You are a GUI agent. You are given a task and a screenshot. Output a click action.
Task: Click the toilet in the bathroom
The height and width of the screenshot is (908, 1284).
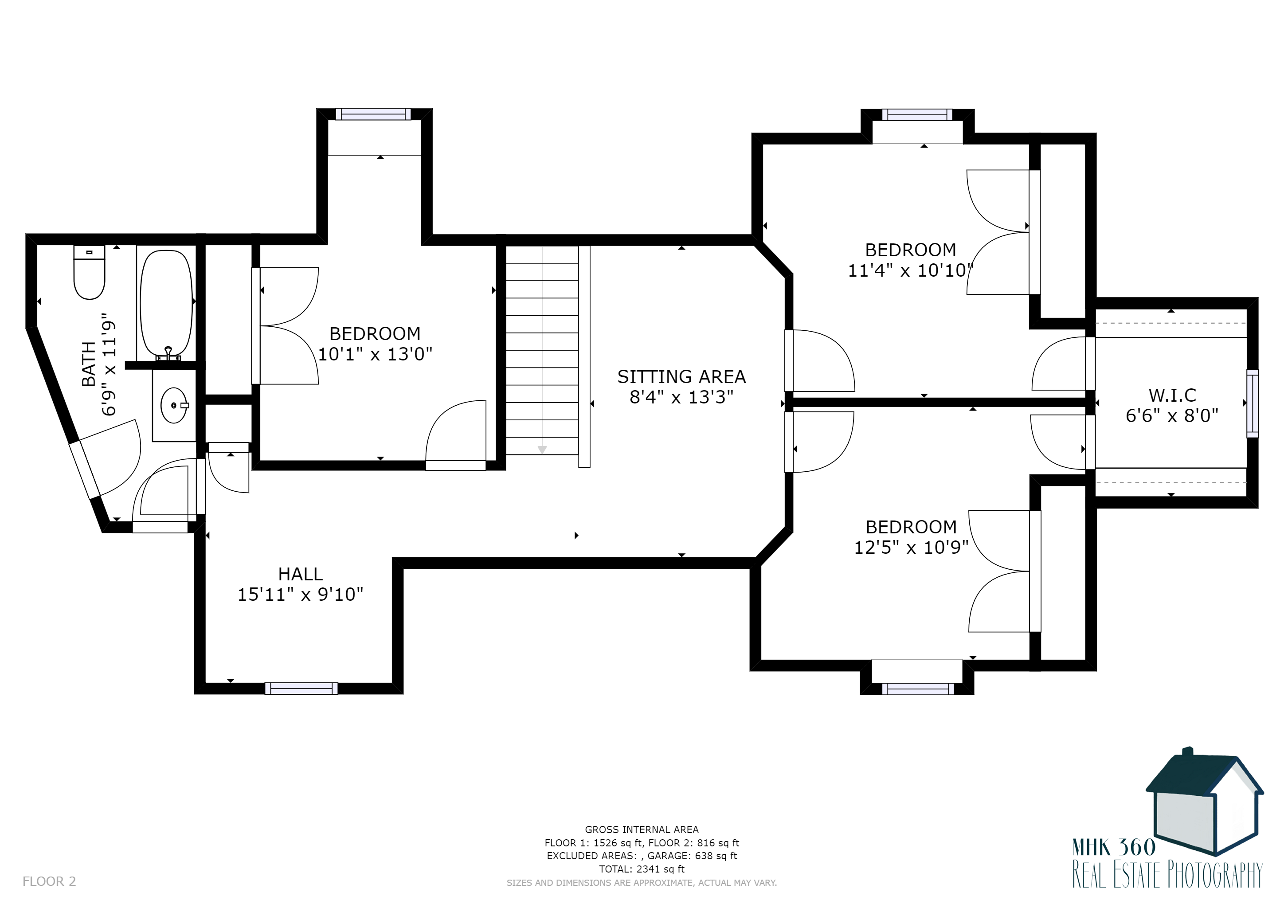[x=90, y=272]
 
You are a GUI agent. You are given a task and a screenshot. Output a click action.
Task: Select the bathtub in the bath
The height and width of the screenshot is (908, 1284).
[x=166, y=304]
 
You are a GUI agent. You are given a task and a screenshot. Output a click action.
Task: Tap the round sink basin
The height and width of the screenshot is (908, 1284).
[x=174, y=405]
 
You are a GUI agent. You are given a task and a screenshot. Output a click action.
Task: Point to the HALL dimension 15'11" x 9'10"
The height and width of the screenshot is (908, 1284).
[x=300, y=595]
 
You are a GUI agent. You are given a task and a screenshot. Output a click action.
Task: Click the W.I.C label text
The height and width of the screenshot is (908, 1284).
[x=1172, y=395]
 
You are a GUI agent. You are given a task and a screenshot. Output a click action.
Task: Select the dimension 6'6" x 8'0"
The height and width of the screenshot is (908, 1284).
[x=1172, y=415]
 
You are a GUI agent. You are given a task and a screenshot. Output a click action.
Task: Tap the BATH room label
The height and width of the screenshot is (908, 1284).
[x=89, y=364]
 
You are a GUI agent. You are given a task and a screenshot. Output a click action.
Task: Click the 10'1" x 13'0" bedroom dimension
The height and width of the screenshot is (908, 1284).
[x=375, y=354]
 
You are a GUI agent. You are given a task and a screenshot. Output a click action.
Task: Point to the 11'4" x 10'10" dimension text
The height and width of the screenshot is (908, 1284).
[x=910, y=270]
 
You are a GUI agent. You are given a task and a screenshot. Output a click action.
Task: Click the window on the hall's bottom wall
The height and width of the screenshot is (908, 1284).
[x=301, y=688]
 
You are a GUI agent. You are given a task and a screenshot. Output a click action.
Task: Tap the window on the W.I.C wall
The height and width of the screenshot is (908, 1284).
[x=1253, y=403]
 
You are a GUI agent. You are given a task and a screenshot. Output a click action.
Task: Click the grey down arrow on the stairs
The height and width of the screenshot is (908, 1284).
[x=542, y=450]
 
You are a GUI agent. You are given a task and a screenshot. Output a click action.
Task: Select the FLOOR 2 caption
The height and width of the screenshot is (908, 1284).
[x=49, y=881]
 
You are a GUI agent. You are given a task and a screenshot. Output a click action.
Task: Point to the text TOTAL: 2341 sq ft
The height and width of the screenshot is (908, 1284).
[x=642, y=869]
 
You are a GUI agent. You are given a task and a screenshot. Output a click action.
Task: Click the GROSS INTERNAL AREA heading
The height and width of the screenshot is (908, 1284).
[x=642, y=830]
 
